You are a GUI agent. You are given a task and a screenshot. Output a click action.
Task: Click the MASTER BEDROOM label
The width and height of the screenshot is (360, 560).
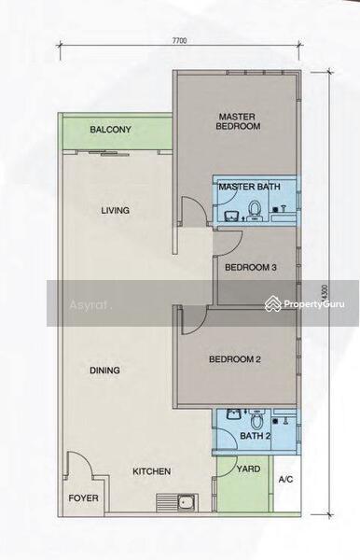pyautogui.click(x=238, y=121)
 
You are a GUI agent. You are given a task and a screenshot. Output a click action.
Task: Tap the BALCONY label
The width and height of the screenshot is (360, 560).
pyautogui.click(x=110, y=130)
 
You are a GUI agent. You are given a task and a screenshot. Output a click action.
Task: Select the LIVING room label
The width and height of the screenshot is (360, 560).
pyautogui.click(x=116, y=210)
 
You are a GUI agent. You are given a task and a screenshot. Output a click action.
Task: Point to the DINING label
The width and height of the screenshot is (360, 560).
pyautogui.click(x=104, y=371)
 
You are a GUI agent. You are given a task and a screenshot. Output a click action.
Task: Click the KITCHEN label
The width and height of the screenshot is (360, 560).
pyautogui.click(x=152, y=471)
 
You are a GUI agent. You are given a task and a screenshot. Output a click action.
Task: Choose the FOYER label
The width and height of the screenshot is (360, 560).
pyautogui.click(x=84, y=498)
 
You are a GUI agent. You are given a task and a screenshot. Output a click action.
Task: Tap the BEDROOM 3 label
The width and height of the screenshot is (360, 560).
pyautogui.click(x=251, y=267)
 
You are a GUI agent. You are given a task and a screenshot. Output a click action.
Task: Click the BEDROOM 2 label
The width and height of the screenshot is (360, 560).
pyautogui.click(x=235, y=359)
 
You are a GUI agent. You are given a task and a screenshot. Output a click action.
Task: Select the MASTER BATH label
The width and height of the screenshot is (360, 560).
pyautogui.click(x=249, y=187)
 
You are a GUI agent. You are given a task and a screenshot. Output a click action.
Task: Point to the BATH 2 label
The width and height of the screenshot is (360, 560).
pyautogui.click(x=256, y=436)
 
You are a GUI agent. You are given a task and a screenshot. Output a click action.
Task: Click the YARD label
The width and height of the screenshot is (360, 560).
pyautogui.click(x=248, y=469)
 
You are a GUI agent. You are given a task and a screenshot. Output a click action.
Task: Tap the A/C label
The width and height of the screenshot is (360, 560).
pyautogui.click(x=285, y=480)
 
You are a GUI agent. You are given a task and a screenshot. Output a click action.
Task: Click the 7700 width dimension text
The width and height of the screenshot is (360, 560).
pyautogui.click(x=179, y=40)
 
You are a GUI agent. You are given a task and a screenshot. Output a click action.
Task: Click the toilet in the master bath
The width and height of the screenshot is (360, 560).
pyautogui.click(x=255, y=210)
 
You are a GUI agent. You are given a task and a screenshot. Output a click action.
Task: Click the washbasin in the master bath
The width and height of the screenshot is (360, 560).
pyautogui.click(x=232, y=216)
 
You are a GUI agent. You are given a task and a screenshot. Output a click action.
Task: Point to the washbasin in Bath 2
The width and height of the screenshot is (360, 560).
pyautogui.click(x=234, y=414)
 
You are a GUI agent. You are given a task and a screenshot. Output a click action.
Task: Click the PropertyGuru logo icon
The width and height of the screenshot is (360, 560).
pyautogui.click(x=273, y=304)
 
